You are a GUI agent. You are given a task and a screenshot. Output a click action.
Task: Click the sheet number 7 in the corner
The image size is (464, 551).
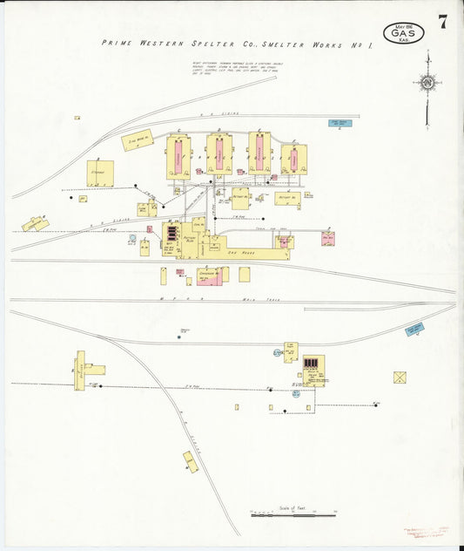pyautogui.click(x=443, y=22)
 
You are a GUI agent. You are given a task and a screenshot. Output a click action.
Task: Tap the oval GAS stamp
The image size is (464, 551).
pyautogui.click(x=408, y=33)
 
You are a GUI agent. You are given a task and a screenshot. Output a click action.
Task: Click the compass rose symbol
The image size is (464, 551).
pyautogui.click(x=427, y=84)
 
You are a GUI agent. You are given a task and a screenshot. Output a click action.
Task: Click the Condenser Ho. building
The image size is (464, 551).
pyautogui.click(x=210, y=275)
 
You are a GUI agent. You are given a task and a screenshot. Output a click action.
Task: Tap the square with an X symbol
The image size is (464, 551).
pyautogui.click(x=400, y=378)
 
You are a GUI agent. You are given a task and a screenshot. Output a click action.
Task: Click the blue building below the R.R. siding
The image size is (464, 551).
pyautogui.click(x=339, y=123)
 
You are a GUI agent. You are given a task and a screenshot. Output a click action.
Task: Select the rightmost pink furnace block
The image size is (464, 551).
pyautogui.click(x=293, y=160)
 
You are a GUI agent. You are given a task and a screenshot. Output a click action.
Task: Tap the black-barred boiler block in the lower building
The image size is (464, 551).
pyautogui.click(x=311, y=363)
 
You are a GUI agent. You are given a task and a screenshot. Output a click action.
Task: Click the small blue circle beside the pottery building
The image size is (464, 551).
pyautogui.click(x=132, y=238)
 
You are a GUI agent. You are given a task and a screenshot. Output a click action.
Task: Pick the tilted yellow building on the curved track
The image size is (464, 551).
pyautogui.click(x=191, y=460)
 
